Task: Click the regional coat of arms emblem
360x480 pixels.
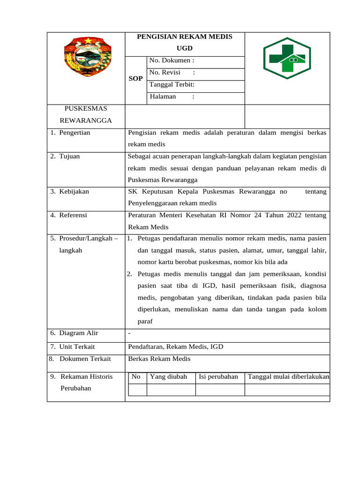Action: (x=87, y=60)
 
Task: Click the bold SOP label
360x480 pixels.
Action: (x=135, y=79)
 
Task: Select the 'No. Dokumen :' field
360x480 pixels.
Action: (x=172, y=60)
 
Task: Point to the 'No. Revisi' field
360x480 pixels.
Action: (x=172, y=73)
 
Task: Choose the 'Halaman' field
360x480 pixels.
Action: (x=172, y=97)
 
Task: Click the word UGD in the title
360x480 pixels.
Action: (x=184, y=48)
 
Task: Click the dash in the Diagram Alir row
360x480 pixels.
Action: (x=129, y=333)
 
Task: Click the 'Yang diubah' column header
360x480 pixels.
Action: (x=168, y=376)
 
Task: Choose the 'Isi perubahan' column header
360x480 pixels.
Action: (x=218, y=376)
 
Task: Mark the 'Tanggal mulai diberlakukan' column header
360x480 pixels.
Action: (x=288, y=376)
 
